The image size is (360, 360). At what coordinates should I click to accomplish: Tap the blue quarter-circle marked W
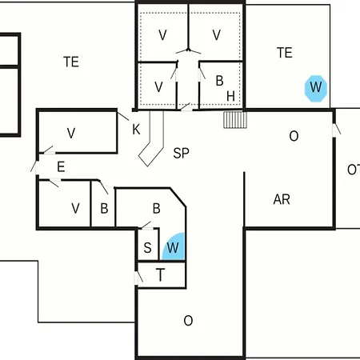174,247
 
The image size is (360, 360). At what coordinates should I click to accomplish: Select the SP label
182,153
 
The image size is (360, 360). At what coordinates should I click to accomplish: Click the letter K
136,130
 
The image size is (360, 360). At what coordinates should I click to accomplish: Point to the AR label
282,199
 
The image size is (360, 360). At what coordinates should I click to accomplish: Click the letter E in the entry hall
61,167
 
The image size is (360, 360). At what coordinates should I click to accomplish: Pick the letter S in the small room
147,247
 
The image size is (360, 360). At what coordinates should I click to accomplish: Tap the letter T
160,274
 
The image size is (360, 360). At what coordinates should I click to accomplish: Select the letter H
230,96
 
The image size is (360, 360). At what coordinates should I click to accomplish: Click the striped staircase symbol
235,120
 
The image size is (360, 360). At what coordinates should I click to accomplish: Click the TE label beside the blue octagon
285,53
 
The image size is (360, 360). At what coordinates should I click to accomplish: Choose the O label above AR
294,136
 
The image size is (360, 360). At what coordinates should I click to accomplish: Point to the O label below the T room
188,321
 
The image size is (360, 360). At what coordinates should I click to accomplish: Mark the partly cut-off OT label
354,170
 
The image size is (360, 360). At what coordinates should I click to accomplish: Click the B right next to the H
219,81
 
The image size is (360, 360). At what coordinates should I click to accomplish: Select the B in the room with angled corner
157,209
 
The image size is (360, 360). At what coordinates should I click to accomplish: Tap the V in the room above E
71,133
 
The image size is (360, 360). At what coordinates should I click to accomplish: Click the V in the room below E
75,208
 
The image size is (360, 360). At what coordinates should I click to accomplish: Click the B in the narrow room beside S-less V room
104,209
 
